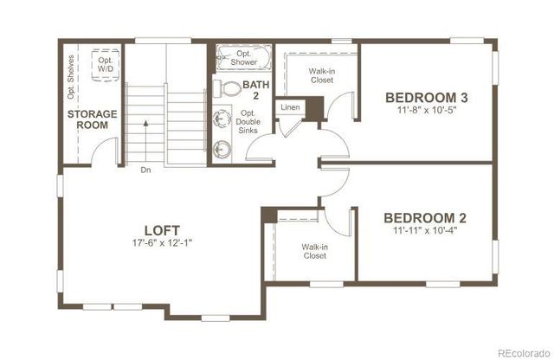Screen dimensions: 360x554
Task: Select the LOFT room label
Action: click(162, 230)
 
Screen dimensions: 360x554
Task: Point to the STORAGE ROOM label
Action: click(88, 119)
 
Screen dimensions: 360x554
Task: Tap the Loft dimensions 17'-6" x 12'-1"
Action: click(162, 243)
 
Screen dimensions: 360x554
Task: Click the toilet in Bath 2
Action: click(229, 87)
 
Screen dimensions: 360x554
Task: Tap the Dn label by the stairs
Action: click(145, 170)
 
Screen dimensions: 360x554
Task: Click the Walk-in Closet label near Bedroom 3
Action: click(322, 75)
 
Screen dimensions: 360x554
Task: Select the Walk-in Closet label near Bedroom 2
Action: click(313, 251)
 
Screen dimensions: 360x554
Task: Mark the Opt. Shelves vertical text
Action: click(71, 78)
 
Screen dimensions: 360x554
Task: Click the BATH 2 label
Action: click(255, 90)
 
